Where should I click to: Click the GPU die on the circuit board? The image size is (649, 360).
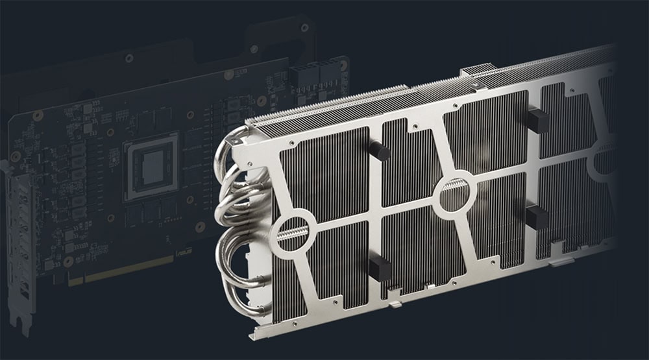(153, 165)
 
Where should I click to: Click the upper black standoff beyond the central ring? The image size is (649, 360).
(537, 121)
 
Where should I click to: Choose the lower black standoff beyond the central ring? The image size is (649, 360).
(536, 217)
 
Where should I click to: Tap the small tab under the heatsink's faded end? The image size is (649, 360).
(562, 263)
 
